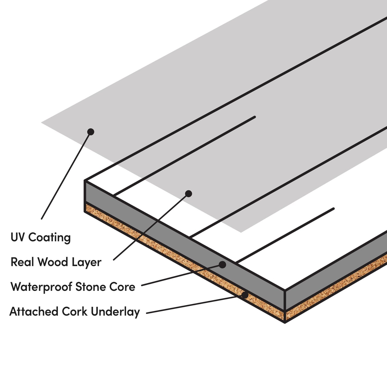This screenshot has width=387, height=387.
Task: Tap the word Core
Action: coord(122,287)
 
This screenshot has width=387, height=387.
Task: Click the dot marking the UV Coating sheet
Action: coord(91,132)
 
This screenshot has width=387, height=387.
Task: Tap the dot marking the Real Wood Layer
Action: coord(189,194)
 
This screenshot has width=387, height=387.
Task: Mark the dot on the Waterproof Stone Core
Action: coord(222,265)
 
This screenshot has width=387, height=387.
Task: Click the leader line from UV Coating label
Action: coord(66,175)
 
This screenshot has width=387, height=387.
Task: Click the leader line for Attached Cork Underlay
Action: coord(196,304)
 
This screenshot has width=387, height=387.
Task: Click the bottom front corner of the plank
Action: coord(285,322)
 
